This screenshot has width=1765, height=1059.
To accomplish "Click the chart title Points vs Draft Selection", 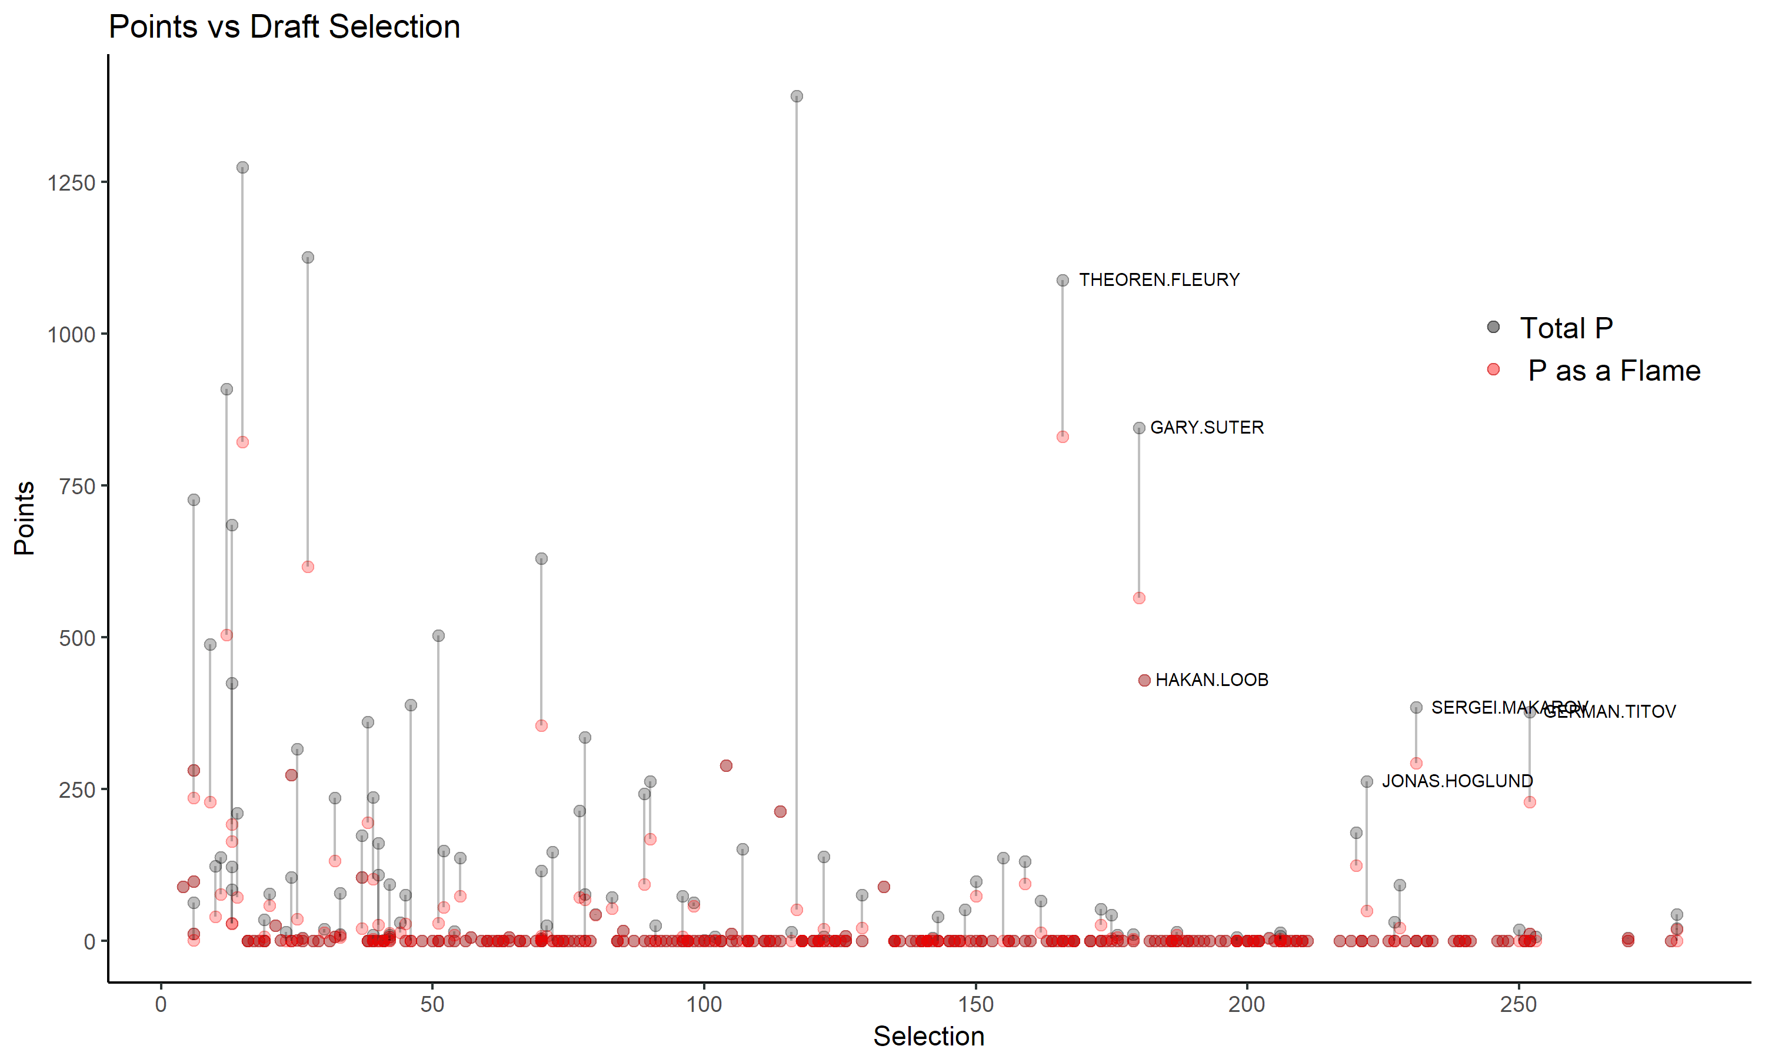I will (x=284, y=27).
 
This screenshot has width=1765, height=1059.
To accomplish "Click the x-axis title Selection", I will (x=928, y=1036).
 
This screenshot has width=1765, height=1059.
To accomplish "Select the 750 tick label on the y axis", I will (x=77, y=487).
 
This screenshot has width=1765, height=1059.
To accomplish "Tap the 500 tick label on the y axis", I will (x=77, y=638).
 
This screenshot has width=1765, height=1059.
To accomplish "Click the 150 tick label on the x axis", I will (x=975, y=1004).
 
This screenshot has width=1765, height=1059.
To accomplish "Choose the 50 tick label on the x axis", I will (x=432, y=1004).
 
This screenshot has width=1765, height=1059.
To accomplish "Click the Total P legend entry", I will (x=1566, y=328).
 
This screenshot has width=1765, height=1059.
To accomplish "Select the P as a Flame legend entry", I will (x=1614, y=371).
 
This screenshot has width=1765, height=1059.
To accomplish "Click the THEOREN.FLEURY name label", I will (x=1158, y=279).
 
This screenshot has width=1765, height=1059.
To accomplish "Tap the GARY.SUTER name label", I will (x=1207, y=428).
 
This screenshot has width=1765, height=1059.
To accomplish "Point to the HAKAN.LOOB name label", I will (x=1211, y=680).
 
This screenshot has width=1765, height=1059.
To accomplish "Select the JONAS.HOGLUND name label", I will (x=1457, y=781).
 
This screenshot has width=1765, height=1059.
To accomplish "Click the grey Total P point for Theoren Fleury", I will (x=1063, y=281).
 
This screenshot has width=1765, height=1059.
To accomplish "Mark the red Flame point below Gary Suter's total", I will (x=1138, y=598).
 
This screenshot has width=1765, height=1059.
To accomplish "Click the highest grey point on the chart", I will (x=797, y=96).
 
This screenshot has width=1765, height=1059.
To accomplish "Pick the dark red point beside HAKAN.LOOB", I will (x=1144, y=681).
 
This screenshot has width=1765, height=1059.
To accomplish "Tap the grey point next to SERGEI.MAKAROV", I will (x=1416, y=708).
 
